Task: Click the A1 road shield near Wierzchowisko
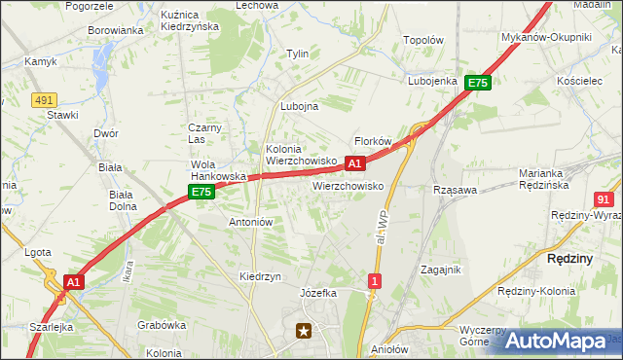click(x=355, y=163)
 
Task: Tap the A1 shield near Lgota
click(x=72, y=282)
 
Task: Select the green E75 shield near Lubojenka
click(x=477, y=84)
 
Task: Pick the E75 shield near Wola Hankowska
click(x=201, y=193)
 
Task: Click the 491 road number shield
click(x=43, y=99)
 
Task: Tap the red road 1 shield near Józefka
click(x=375, y=281)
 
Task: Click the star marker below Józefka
click(x=306, y=331)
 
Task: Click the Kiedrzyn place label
click(x=260, y=276)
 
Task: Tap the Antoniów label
click(x=250, y=222)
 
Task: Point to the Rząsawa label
click(x=455, y=190)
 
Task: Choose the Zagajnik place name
click(x=441, y=270)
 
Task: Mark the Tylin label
click(x=297, y=54)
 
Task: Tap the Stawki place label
click(x=62, y=114)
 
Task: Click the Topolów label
click(x=423, y=41)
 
